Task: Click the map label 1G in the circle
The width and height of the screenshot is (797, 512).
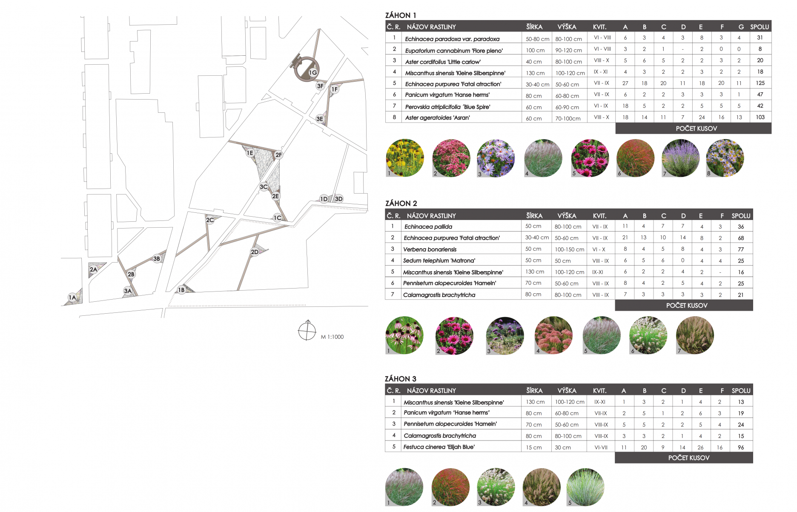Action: point(313,73)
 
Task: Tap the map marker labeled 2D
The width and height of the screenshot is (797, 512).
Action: point(255,252)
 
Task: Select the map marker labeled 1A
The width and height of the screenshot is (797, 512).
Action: point(72,297)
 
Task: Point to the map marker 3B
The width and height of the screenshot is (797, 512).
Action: point(157,258)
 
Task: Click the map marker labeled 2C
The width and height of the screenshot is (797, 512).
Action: point(210,220)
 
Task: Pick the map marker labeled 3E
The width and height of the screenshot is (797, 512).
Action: point(320,119)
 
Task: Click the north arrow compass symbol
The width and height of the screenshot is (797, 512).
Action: point(307,330)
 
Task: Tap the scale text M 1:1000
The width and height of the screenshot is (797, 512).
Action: point(332,337)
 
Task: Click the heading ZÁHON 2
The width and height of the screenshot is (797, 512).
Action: point(401,203)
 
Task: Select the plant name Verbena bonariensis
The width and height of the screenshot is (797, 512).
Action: point(430,249)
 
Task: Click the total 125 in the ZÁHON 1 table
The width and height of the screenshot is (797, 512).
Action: point(760,83)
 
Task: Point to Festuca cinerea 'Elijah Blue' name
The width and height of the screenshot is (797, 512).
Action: point(439,447)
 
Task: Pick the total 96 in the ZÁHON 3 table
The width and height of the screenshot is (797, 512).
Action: point(741,447)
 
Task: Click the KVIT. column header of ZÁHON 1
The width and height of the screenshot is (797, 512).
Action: point(599,27)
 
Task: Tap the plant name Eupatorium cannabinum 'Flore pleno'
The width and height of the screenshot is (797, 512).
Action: point(454,51)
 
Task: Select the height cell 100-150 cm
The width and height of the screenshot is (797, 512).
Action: point(569,249)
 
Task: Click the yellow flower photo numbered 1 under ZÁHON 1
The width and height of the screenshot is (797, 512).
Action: point(405,158)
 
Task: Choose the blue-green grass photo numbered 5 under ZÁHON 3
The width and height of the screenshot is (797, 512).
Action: point(585,487)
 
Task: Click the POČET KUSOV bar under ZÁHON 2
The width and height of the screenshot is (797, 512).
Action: point(684,305)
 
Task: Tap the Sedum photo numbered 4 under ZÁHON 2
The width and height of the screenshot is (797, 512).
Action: point(553,335)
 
